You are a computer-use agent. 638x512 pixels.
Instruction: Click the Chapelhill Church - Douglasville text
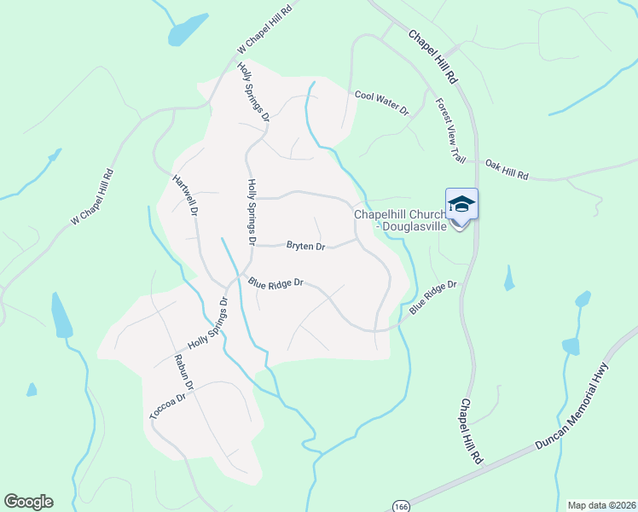tap(399, 220)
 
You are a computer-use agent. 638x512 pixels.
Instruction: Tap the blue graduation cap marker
tap(461, 205)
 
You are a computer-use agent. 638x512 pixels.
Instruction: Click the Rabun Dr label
tap(184, 372)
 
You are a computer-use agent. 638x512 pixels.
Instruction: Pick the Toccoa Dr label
tap(167, 406)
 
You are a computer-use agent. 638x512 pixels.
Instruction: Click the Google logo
tap(28, 502)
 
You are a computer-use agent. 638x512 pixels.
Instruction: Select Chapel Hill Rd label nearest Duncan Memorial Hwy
tap(470, 431)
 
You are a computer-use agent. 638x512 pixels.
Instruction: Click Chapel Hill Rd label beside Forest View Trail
tap(433, 56)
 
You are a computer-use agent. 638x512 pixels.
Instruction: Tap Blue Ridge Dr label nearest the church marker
tap(433, 298)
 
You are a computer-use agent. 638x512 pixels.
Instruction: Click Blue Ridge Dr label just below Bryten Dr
tap(276, 282)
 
